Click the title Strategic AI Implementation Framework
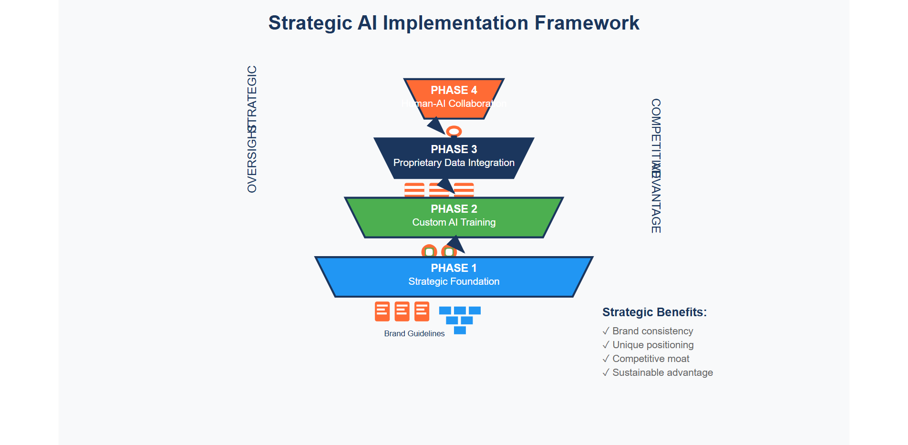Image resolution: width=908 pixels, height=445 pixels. pyautogui.click(x=454, y=23)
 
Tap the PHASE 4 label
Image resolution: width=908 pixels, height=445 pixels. pyautogui.click(x=454, y=90)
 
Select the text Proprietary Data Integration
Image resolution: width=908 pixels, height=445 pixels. pyautogui.click(x=454, y=163)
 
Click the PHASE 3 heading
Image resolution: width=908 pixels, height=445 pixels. pyautogui.click(x=454, y=149)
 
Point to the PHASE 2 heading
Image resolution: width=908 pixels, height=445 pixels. pyautogui.click(x=454, y=209)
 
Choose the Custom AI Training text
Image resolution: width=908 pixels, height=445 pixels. pyautogui.click(x=454, y=222)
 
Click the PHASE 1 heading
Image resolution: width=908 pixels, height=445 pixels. pyautogui.click(x=454, y=268)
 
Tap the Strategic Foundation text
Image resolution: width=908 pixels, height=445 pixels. pyautogui.click(x=454, y=281)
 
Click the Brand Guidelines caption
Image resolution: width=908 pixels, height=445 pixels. pyautogui.click(x=414, y=333)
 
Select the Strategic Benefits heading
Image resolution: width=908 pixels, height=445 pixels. pyautogui.click(x=654, y=312)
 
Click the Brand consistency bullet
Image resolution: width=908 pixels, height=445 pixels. pyautogui.click(x=652, y=331)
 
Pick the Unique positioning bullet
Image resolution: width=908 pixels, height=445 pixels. pyautogui.click(x=652, y=345)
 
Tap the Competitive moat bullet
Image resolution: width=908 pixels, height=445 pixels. pyautogui.click(x=650, y=359)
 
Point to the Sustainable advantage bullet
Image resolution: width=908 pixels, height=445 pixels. pyautogui.click(x=662, y=373)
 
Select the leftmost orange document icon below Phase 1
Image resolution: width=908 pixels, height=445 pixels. pyautogui.click(x=382, y=311)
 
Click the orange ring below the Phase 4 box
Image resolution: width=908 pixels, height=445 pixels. pyautogui.click(x=454, y=131)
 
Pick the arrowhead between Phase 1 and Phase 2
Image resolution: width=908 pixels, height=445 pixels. pyautogui.click(x=456, y=244)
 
